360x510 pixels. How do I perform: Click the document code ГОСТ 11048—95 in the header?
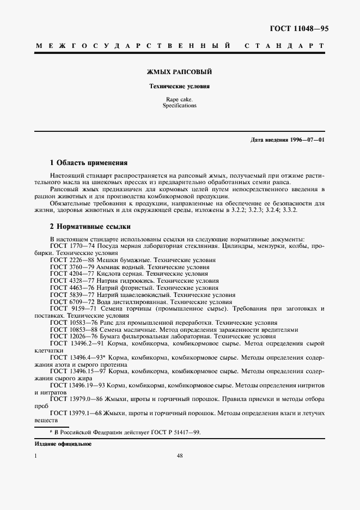tap(299, 28)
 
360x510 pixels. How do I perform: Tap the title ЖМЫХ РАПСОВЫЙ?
tap(180, 71)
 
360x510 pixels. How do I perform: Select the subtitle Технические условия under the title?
tap(180, 86)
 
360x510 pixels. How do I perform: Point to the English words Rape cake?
tap(180, 100)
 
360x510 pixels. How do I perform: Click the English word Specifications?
tap(180, 106)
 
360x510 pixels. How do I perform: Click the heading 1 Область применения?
tap(88, 162)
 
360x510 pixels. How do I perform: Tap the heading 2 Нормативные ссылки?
tap(90, 226)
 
